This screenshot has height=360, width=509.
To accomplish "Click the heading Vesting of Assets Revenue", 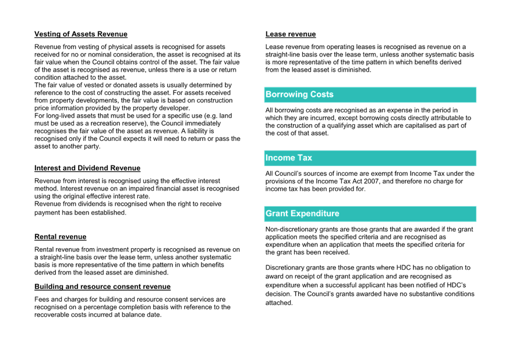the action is tap(81, 34).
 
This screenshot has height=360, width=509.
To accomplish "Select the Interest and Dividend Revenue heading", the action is tap(87, 168).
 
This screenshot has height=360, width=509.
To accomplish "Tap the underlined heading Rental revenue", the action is tap(61, 237).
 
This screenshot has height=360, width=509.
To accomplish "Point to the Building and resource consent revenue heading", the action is tap(102, 287).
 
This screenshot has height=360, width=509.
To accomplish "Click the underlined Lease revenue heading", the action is tap(291, 34).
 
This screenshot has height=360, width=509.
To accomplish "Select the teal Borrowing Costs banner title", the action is tap(299, 94).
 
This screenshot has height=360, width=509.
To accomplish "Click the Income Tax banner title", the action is tap(289, 158).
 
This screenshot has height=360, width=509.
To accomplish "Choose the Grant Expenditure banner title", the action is tap(302, 214).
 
